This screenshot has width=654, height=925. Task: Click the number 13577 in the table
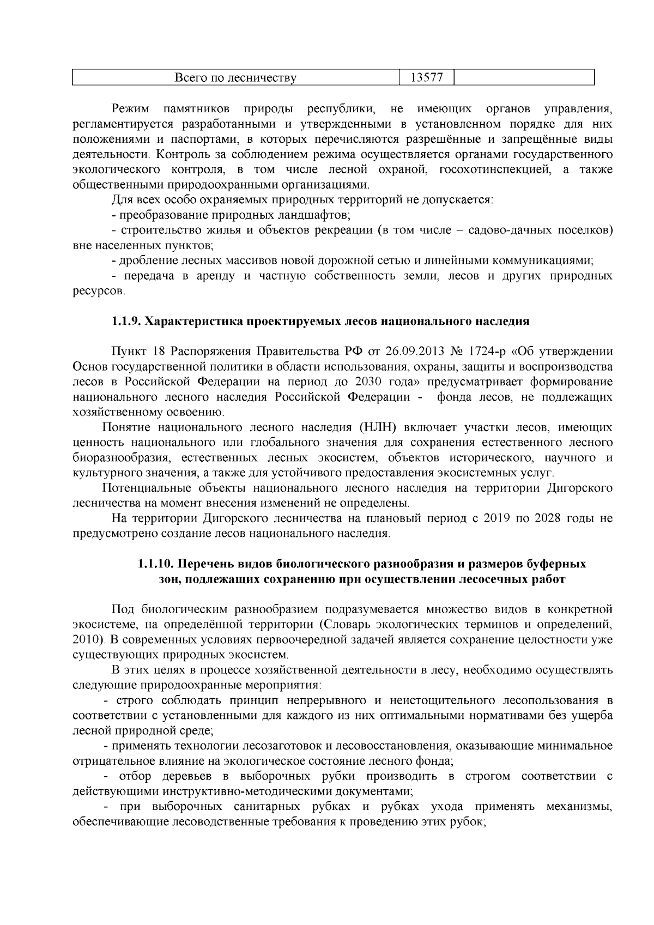coord(426,77)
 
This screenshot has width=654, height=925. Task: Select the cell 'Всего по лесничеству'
coord(235,77)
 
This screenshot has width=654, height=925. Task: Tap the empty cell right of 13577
coord(524,77)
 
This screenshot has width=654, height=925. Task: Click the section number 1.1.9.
coord(126,322)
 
